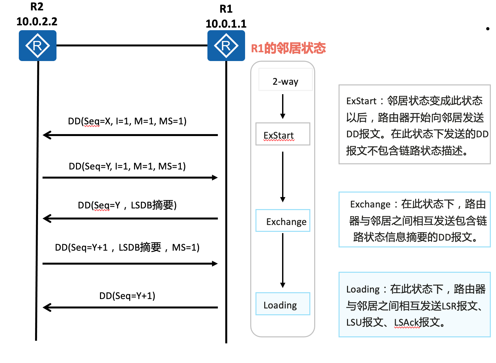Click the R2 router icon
point(37,45)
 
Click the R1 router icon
point(226,45)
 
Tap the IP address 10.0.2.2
point(37,21)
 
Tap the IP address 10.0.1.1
point(226,24)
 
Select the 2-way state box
point(285,80)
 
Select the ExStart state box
point(282,134)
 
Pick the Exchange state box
point(283,221)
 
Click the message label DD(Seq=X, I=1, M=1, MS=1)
point(127,121)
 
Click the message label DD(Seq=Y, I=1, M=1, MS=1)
point(127,166)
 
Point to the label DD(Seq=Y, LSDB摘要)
point(127,205)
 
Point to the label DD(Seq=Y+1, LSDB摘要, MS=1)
point(127,247)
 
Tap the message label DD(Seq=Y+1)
point(127,296)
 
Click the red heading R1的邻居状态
point(288,48)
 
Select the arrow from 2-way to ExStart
point(283,106)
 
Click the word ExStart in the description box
point(361,101)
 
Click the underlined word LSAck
point(406,322)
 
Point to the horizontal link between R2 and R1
point(131,45)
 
